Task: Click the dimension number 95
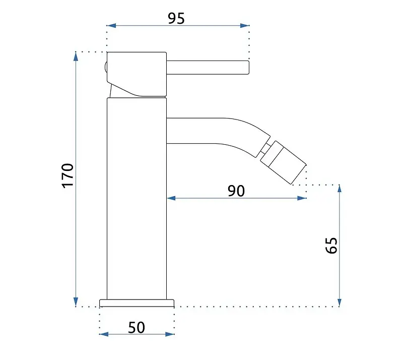pos(176,18)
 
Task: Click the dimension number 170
pos(68,175)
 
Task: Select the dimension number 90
pos(236,191)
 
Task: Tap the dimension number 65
pos(331,246)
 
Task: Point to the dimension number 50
pos(137,328)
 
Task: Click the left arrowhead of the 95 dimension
pos(111,26)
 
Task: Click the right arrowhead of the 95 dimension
pos(245,26)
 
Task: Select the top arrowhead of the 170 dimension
pos(76,56)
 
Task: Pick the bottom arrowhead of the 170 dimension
pos(76,302)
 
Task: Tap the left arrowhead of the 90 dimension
pos(171,198)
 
